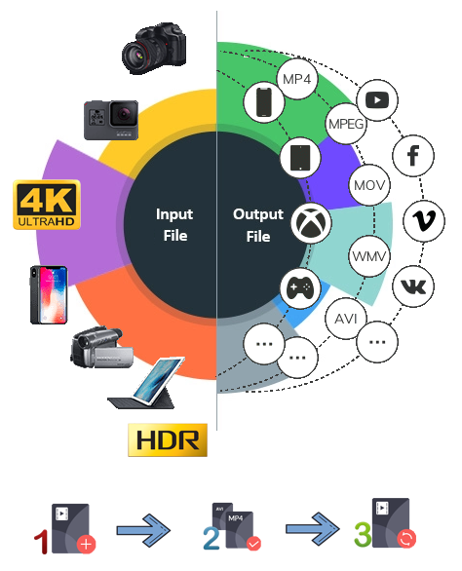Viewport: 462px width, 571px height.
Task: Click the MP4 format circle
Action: pyautogui.click(x=297, y=79)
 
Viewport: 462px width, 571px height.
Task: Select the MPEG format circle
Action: pyautogui.click(x=346, y=124)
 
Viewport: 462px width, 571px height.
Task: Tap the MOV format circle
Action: pyautogui.click(x=369, y=185)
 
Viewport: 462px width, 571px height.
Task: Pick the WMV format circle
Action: pyautogui.click(x=369, y=256)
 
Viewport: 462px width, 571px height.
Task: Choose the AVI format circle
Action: pyautogui.click(x=346, y=319)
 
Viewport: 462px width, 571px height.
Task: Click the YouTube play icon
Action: pyautogui.click(x=377, y=99)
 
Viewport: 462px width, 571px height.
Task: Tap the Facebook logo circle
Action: pyautogui.click(x=413, y=156)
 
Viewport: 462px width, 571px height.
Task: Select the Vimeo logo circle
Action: pyautogui.click(x=424, y=221)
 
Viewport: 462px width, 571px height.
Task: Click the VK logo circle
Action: pyautogui.click(x=413, y=286)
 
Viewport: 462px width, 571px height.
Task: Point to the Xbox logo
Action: pyautogui.click(x=311, y=223)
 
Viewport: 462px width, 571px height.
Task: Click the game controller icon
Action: pyautogui.click(x=300, y=287)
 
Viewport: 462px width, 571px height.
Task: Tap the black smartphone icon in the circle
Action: pyautogui.click(x=264, y=101)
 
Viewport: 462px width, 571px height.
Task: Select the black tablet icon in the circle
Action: pyautogui.click(x=300, y=157)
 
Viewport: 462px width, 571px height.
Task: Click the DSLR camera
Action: pyautogui.click(x=154, y=49)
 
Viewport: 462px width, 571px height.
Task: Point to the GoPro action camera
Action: pyautogui.click(x=111, y=120)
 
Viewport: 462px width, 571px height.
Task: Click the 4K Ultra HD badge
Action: pyautogui.click(x=47, y=205)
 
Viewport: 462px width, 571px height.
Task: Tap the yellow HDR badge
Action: pyautogui.click(x=168, y=439)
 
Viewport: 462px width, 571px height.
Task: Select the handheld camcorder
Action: pyautogui.click(x=101, y=347)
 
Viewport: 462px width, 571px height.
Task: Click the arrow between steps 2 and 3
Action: pyautogui.click(x=312, y=529)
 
